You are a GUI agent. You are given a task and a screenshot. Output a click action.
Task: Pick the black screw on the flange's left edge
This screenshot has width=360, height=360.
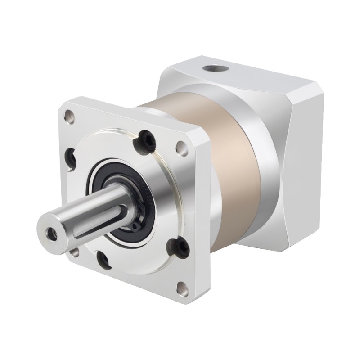coord(71,157)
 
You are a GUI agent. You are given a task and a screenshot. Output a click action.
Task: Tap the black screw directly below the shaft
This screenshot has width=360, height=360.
coord(105,260)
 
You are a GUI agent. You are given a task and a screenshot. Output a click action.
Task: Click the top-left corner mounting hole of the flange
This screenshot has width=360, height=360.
coord(68,117)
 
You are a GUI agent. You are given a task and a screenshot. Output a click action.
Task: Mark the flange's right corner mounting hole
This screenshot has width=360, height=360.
coord(181,147)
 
